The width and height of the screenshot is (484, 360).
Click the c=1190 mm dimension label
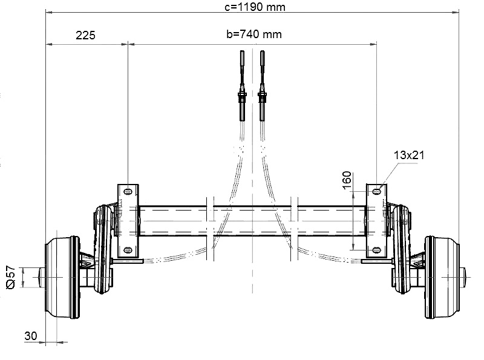tap(255, 7)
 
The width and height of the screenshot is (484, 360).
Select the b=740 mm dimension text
tap(254, 34)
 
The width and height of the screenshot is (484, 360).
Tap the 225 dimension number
tap(85, 35)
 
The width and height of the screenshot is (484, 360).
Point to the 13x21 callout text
tap(409, 155)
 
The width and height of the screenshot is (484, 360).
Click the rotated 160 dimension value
tap(347, 180)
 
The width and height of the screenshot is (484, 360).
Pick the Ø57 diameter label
tap(11, 277)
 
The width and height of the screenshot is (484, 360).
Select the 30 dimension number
tap(31, 336)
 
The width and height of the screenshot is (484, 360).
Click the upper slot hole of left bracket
tap(128, 191)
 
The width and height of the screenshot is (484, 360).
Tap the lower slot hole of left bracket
tap(128, 250)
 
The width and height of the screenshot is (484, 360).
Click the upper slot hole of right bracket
tap(376, 191)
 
